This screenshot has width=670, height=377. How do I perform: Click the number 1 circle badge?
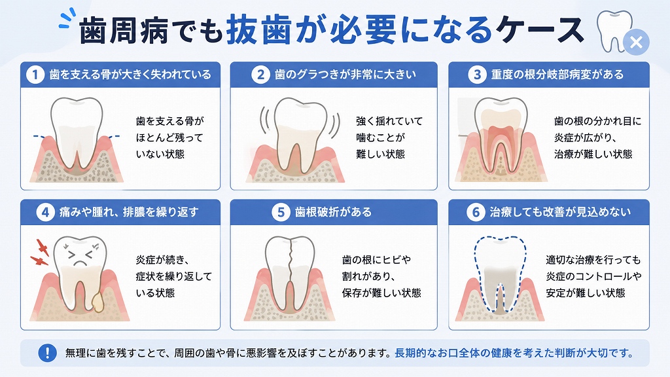coord(35,75)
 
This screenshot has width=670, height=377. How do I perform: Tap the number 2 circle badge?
coord(260,75)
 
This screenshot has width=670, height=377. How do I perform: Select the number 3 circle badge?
coord(477,75)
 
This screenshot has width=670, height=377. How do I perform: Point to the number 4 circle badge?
coord(45,213)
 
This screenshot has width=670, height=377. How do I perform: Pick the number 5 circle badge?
coord(281,213)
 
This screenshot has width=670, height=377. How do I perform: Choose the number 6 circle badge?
coord(476,213)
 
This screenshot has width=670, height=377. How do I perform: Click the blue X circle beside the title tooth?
coord(636,43)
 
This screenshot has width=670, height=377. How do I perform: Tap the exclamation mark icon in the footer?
coord(47,353)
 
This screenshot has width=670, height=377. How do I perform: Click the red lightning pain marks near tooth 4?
coord(40,253)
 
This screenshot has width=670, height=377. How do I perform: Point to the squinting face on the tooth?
coord(80,255)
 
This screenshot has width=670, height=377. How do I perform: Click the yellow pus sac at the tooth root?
coord(98,301)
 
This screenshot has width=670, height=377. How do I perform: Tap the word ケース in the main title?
coord(540,30)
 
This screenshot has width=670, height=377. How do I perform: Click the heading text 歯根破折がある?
coord(334,213)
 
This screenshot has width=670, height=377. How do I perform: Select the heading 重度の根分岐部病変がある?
coord(557,75)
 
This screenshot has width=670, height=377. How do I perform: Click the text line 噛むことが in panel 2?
coord(380,137)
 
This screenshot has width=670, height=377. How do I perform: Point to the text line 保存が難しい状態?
coord(381,293)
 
